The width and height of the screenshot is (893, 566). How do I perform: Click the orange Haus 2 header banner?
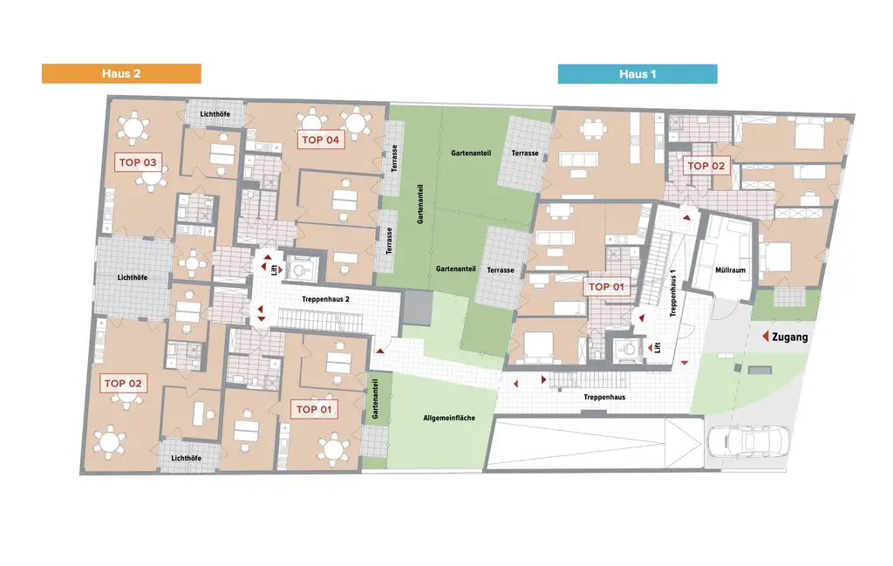[x=121, y=74]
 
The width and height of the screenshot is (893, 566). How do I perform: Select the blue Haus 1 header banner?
[x=637, y=74]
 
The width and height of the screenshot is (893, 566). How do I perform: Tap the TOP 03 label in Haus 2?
[x=138, y=162]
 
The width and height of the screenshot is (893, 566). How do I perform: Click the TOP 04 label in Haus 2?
[x=321, y=140]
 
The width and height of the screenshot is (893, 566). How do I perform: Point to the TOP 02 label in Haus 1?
[x=706, y=166]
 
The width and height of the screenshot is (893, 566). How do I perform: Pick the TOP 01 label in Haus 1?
[x=607, y=287]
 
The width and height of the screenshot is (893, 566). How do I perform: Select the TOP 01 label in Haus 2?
[x=314, y=409]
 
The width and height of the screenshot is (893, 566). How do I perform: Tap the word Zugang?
[x=790, y=337]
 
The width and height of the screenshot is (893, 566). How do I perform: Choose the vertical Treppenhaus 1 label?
[x=673, y=292]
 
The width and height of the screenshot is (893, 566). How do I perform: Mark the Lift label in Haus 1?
[x=658, y=347]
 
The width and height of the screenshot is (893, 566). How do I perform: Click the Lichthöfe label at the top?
[x=215, y=114]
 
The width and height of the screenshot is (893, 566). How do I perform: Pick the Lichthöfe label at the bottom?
[x=187, y=458]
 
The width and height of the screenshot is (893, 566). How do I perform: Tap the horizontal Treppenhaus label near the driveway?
[x=604, y=397]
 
